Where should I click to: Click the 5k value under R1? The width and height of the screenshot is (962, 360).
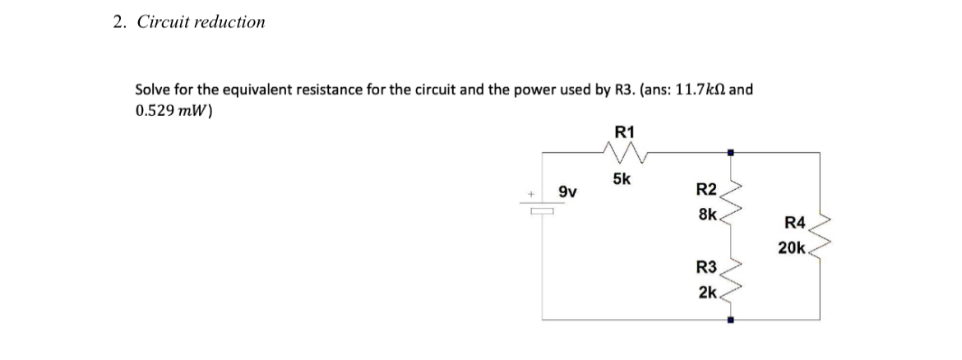coord(622,180)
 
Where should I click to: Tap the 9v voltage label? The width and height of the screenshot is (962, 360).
coord(567,193)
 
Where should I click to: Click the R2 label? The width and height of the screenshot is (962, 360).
coord(706,192)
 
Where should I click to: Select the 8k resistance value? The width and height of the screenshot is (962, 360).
coord(707,215)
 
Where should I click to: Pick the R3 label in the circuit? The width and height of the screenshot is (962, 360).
coord(706,267)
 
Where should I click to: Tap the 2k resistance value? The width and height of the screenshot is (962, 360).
coord(707,292)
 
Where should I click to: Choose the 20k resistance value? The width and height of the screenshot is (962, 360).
coord(792,247)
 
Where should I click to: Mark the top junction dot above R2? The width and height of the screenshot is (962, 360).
coord(729,152)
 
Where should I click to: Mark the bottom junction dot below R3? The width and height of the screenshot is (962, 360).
coord(729,320)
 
